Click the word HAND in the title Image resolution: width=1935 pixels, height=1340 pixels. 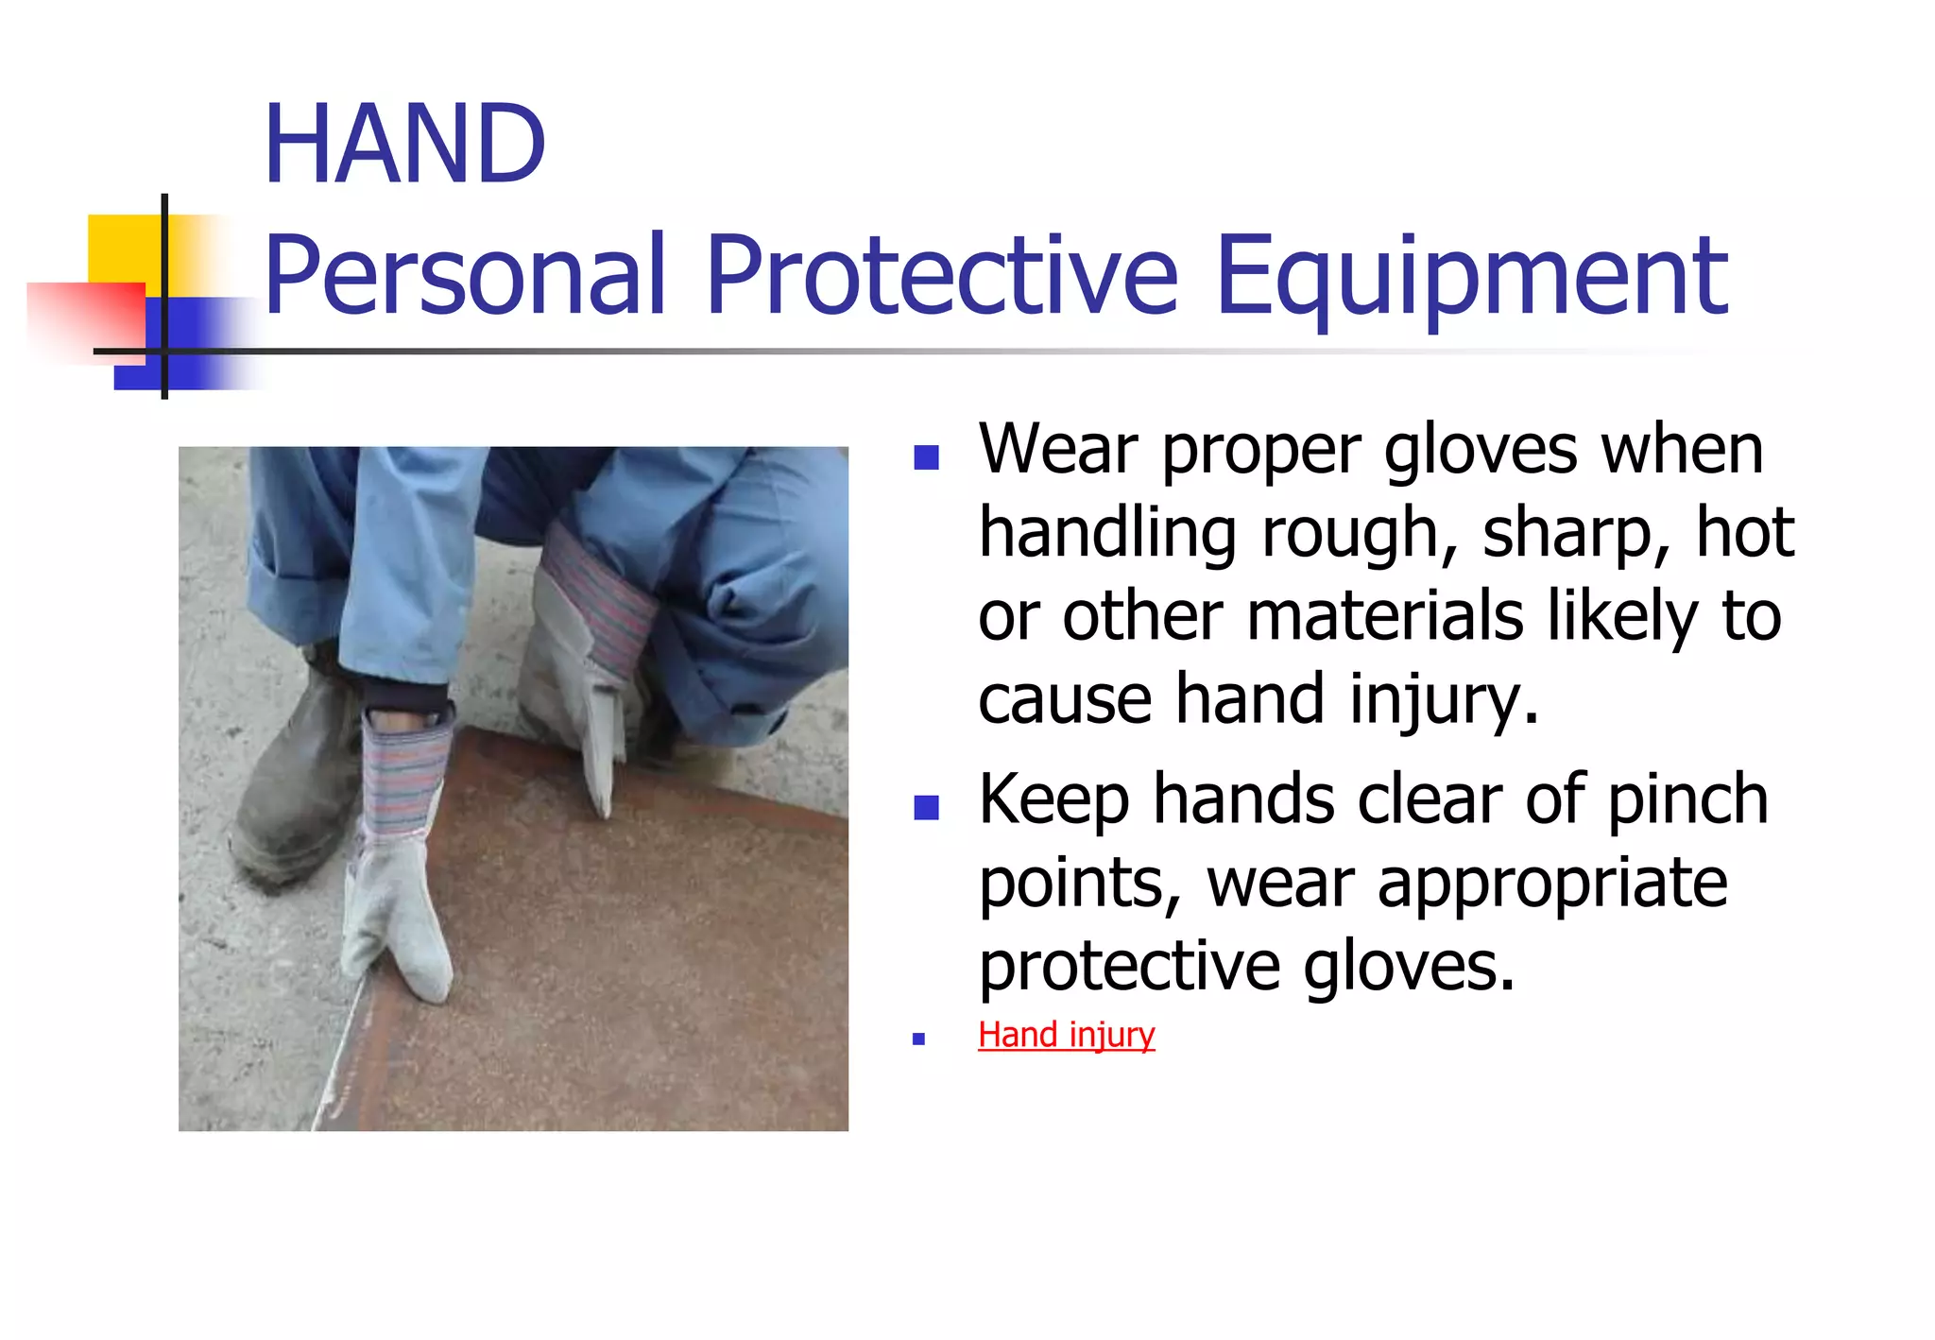point(404,145)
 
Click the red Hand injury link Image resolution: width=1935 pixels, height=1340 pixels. point(1066,1035)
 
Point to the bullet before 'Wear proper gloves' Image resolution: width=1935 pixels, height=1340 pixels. point(926,457)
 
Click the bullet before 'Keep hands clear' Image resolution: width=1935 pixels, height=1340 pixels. point(926,807)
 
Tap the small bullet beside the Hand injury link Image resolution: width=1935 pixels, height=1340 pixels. point(918,1039)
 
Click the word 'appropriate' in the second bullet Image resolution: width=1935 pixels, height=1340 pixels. point(1552,885)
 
